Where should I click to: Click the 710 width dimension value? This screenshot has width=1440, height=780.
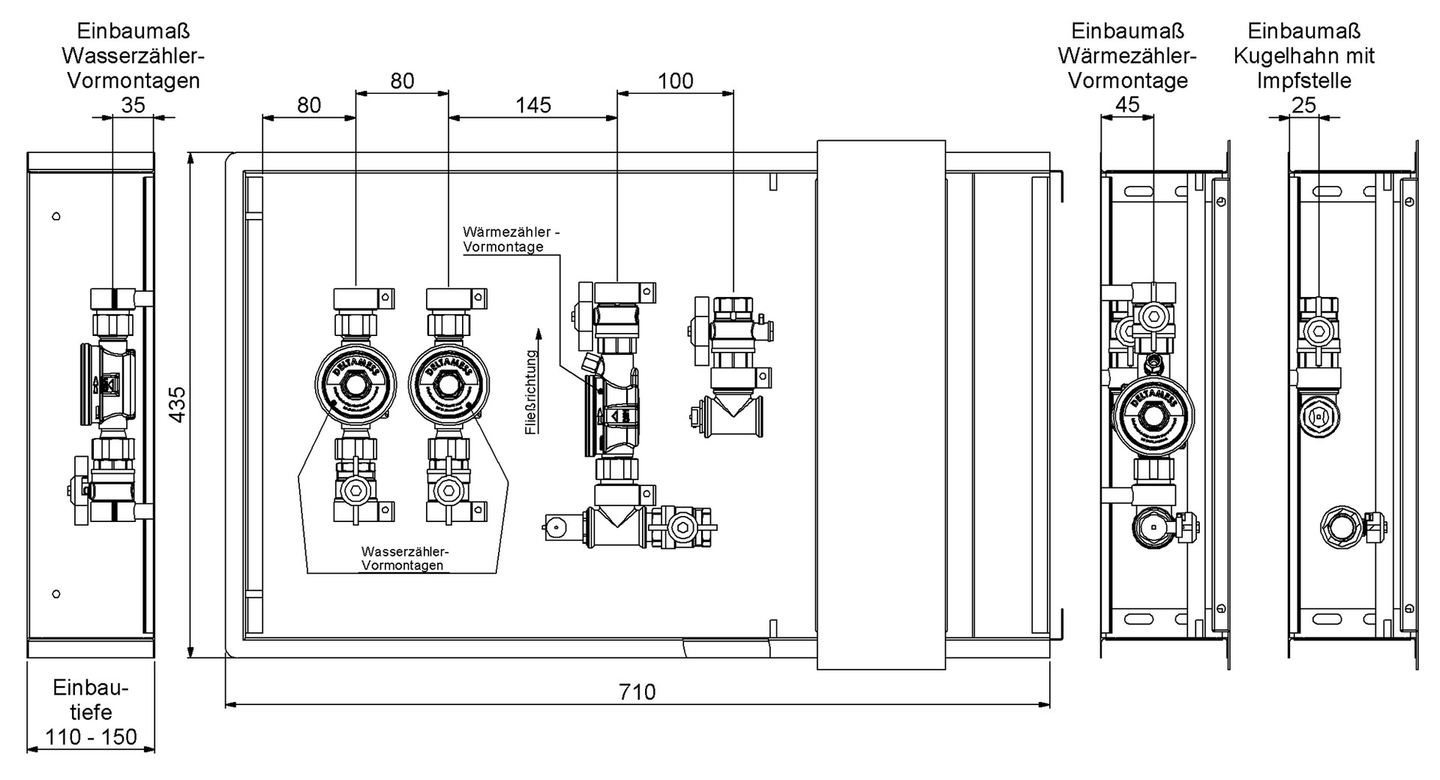click(637, 691)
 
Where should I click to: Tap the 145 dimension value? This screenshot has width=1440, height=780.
click(533, 105)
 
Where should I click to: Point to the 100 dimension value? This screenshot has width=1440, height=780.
click(675, 81)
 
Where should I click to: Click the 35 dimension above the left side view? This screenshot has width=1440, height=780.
click(133, 105)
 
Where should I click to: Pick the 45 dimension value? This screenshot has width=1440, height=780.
click(1127, 105)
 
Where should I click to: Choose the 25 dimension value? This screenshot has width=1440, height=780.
click(1303, 105)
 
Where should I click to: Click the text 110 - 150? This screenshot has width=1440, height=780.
click(91, 736)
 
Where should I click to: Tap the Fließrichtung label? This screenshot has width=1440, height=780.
click(532, 392)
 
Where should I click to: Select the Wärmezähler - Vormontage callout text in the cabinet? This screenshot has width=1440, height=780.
click(511, 239)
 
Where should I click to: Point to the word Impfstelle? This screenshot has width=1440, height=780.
click(1303, 80)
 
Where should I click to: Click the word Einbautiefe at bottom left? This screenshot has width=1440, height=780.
click(91, 700)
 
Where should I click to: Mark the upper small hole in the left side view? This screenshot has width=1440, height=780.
click(56, 217)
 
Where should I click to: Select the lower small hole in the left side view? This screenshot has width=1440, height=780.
click(56, 594)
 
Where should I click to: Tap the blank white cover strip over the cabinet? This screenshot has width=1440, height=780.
click(880, 405)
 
